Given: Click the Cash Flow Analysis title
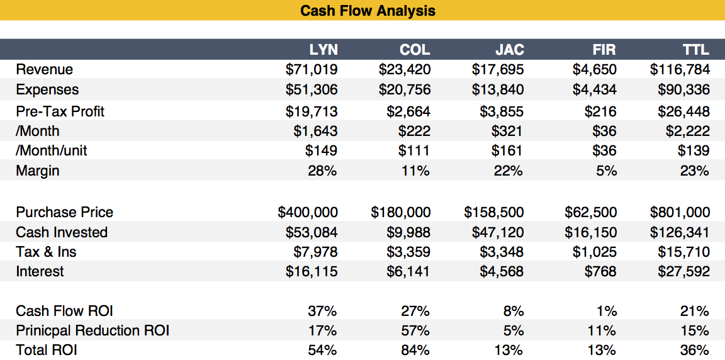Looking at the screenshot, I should tap(368, 11).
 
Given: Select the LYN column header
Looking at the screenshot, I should tap(323, 50).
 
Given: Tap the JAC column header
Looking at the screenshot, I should tap(509, 50).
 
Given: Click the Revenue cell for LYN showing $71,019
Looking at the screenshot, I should tap(312, 69).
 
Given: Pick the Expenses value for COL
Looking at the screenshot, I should tap(405, 89).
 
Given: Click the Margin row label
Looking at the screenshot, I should tap(38, 171).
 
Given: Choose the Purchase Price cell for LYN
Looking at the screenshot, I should tap(308, 212).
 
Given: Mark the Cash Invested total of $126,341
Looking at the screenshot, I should tap(680, 232).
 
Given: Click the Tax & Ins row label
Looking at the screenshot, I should tap(46, 252).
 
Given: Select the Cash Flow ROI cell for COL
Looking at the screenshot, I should tap(415, 311).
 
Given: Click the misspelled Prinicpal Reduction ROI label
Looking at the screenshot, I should tap(93, 330).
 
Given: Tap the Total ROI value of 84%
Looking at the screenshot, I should tap(415, 350).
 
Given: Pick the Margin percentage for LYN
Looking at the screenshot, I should tap(322, 171).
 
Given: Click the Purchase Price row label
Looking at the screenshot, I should tap(64, 212).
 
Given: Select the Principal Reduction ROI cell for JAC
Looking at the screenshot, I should tap(514, 330).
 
